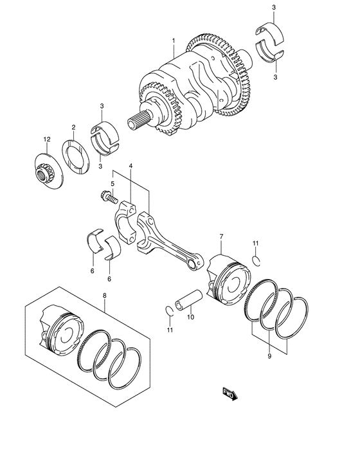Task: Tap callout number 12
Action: click(x=46, y=139)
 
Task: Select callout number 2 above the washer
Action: click(x=73, y=127)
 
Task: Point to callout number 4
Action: click(x=130, y=167)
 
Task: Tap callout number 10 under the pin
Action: click(x=190, y=317)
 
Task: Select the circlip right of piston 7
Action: click(x=257, y=260)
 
